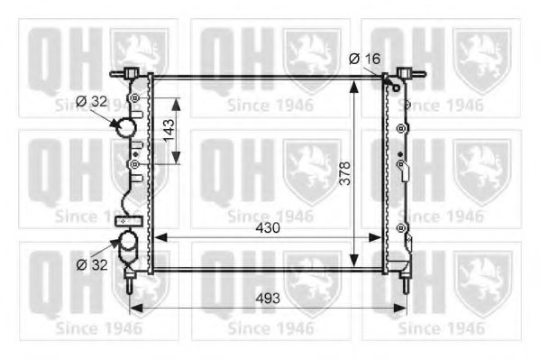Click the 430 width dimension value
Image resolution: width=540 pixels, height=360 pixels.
click(268, 228)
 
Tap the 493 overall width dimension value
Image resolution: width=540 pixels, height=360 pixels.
click(268, 299)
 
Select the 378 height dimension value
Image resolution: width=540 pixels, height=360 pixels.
click(344, 173)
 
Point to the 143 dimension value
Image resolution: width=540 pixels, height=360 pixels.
click(169, 131)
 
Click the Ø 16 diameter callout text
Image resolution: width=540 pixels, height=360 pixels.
click(365, 59)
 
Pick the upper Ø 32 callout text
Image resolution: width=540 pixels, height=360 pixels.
click(92, 101)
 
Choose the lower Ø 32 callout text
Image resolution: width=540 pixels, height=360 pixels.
click(92, 265)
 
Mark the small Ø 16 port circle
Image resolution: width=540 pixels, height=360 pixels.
click(397, 88)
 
